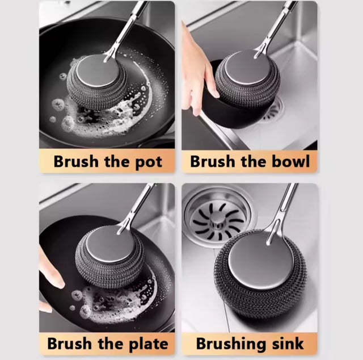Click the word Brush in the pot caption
[x=75, y=162]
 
